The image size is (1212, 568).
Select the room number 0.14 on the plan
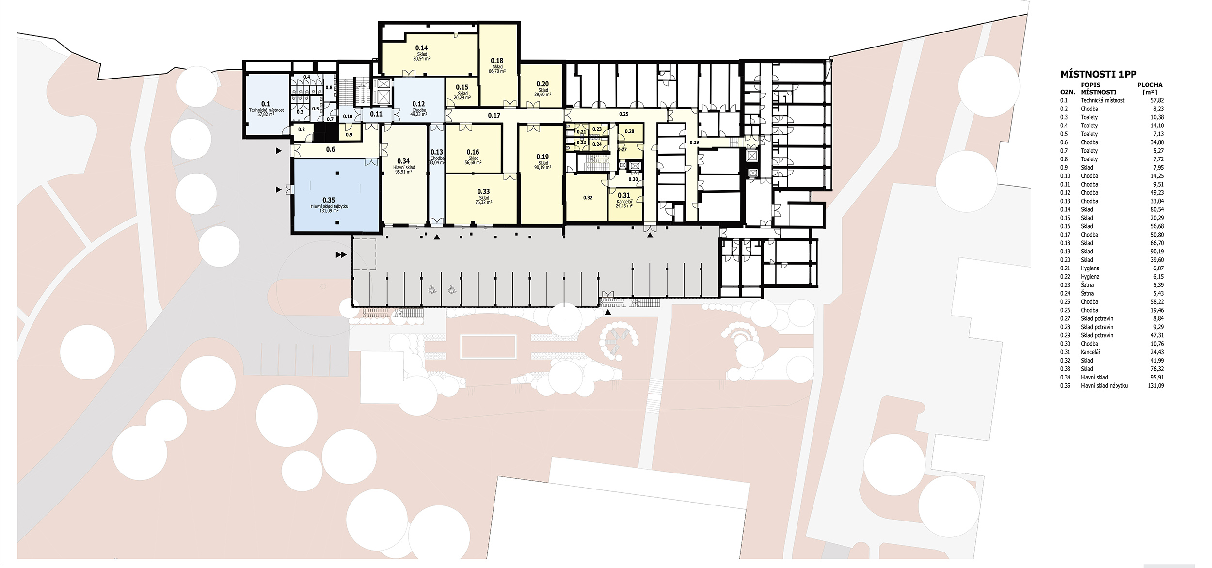(x=421, y=48)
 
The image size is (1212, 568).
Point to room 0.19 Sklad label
(x=542, y=161)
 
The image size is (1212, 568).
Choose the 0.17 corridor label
(x=494, y=115)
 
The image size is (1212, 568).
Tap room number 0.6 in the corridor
(x=331, y=149)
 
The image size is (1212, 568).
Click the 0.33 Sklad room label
(x=483, y=196)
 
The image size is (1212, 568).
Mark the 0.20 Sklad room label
(x=542, y=89)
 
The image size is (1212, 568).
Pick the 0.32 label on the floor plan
(x=588, y=198)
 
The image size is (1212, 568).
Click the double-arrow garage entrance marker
(x=341, y=254)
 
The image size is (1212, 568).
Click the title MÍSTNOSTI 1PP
(x=1098, y=74)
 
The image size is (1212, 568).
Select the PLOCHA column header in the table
(x=1149, y=85)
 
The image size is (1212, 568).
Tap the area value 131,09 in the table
(x=1156, y=386)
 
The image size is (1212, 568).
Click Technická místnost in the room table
(x=1102, y=100)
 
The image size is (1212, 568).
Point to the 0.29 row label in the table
(x=1065, y=335)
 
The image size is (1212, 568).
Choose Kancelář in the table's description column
(x=1090, y=352)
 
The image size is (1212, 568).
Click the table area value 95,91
(x=1157, y=377)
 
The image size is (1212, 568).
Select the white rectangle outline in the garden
(x=488, y=346)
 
